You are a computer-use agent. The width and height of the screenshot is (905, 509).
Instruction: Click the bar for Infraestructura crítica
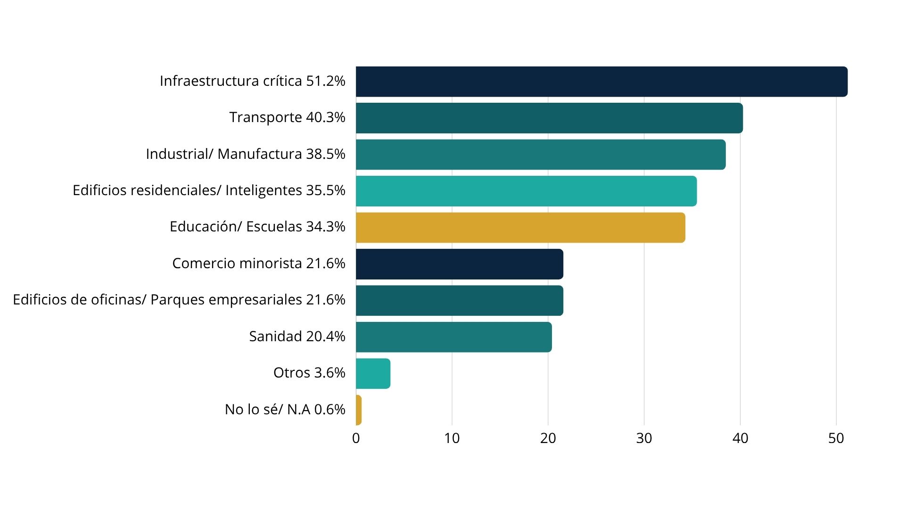(601, 82)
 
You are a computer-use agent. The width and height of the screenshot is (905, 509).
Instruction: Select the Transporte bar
(549, 118)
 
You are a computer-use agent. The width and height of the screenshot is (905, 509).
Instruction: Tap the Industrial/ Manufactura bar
(541, 155)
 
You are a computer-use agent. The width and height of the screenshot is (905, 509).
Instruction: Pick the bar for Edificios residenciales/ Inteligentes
(526, 191)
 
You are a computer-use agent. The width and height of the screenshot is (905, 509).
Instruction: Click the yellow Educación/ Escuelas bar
(520, 228)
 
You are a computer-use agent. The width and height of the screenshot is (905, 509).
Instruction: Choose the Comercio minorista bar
(460, 264)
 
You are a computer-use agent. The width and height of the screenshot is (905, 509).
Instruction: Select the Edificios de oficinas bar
(460, 301)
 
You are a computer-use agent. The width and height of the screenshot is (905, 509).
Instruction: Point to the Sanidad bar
(454, 337)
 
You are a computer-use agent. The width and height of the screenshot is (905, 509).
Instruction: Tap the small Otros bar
(373, 374)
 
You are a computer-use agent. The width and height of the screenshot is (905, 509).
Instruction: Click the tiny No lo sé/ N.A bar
(359, 410)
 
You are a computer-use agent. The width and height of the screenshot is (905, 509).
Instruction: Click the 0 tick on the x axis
(356, 438)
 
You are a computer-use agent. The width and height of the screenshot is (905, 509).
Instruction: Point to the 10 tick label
(452, 438)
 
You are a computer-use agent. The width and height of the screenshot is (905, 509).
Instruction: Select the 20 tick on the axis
(548, 438)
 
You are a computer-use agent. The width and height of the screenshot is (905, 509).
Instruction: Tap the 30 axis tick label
(644, 438)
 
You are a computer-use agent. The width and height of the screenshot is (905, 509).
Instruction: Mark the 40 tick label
(740, 438)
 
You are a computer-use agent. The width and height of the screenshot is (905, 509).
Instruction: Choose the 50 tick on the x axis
(836, 438)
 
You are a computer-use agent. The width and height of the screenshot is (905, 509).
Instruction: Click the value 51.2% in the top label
(326, 81)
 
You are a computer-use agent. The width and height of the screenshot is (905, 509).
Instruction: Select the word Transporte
(265, 117)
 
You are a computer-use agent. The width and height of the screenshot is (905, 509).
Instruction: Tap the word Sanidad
(275, 337)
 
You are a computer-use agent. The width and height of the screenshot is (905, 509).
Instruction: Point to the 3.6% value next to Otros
(329, 373)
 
